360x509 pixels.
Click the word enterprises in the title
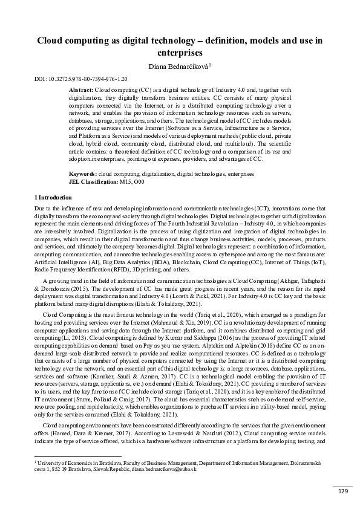coord(180,53)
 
